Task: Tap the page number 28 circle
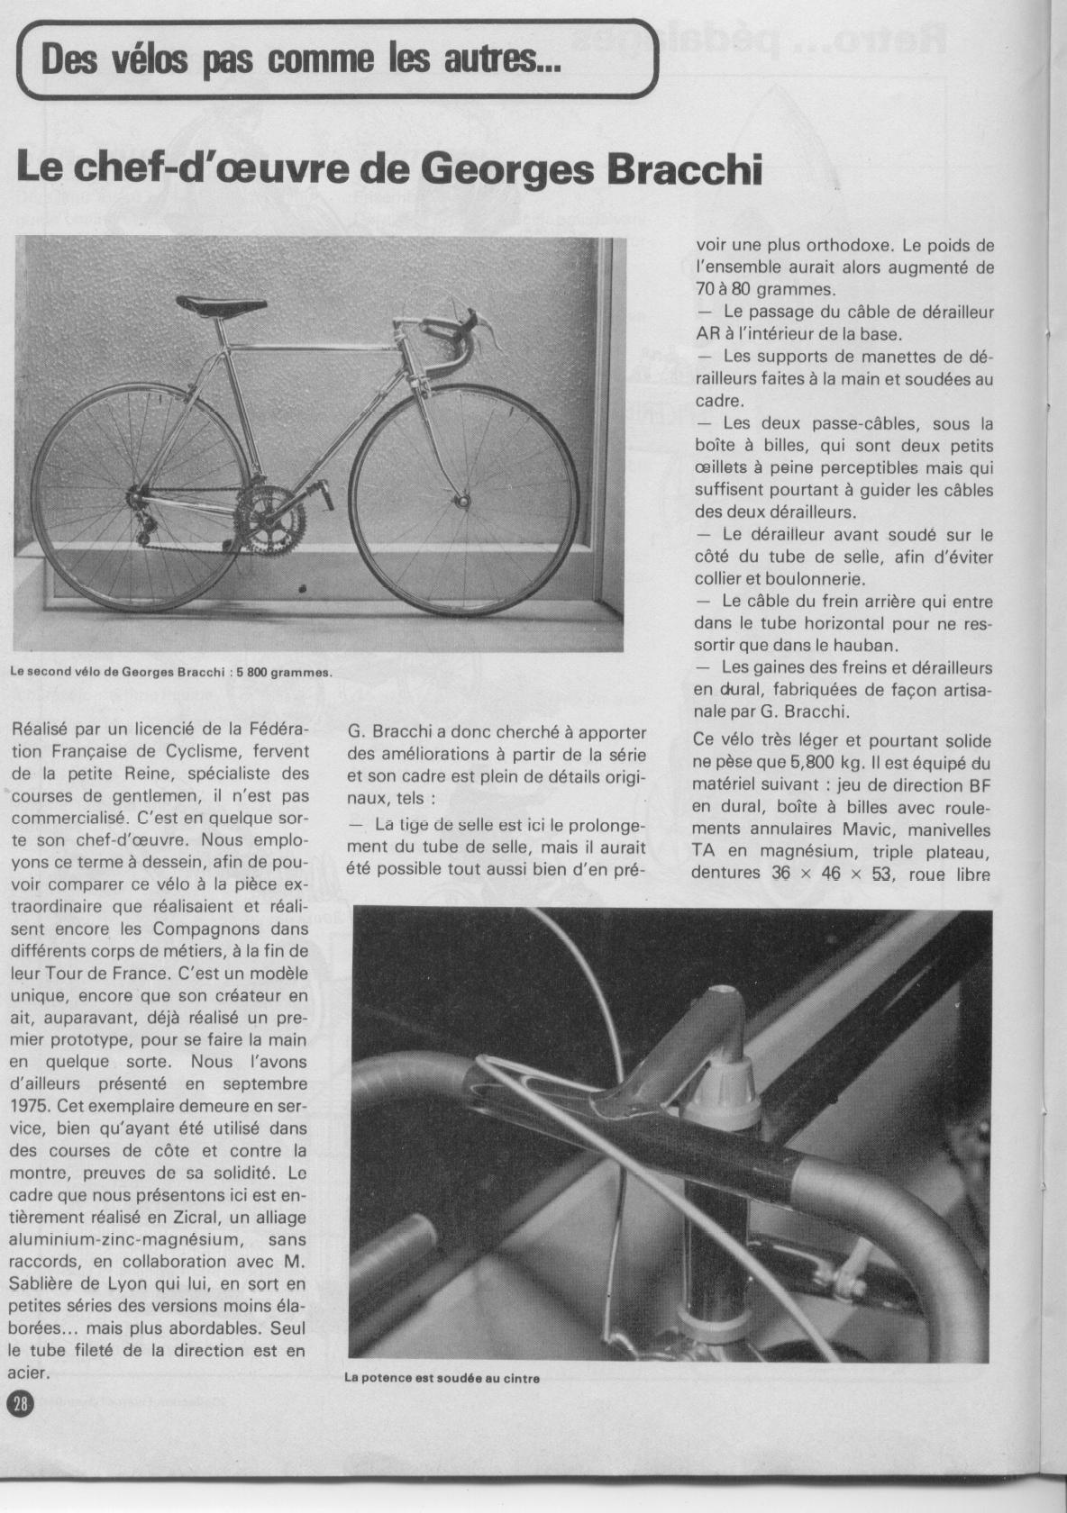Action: pos(20,1402)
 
